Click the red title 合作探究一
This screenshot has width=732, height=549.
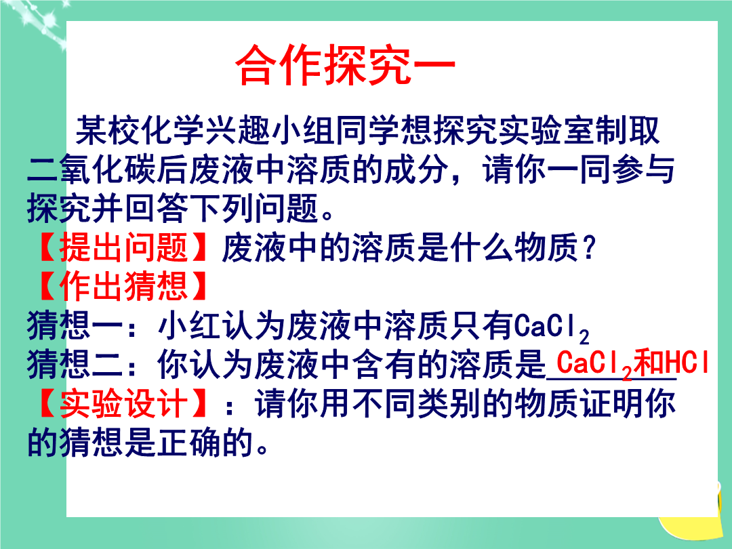pyautogui.click(x=346, y=65)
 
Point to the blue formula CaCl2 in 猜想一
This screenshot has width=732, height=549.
pyautogui.click(x=551, y=327)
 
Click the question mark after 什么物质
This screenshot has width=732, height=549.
pyautogui.click(x=589, y=247)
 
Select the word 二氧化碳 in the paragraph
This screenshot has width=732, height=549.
pyautogui.click(x=91, y=169)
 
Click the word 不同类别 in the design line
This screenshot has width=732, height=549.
pyautogui.click(x=416, y=403)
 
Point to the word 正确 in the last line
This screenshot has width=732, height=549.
pyautogui.click(x=189, y=443)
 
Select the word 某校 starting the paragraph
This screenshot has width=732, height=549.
pyautogui.click(x=108, y=130)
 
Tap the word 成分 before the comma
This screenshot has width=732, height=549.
pyautogui.click(x=416, y=169)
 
